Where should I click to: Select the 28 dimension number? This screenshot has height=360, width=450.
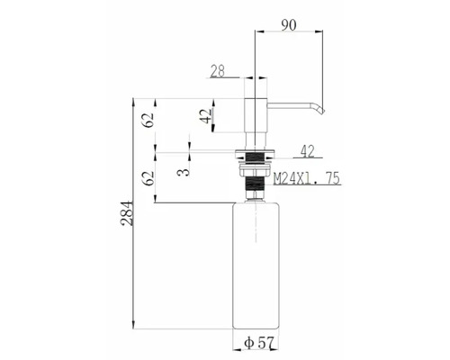click(220, 70)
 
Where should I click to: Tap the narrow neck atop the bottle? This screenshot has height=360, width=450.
click(257, 193)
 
